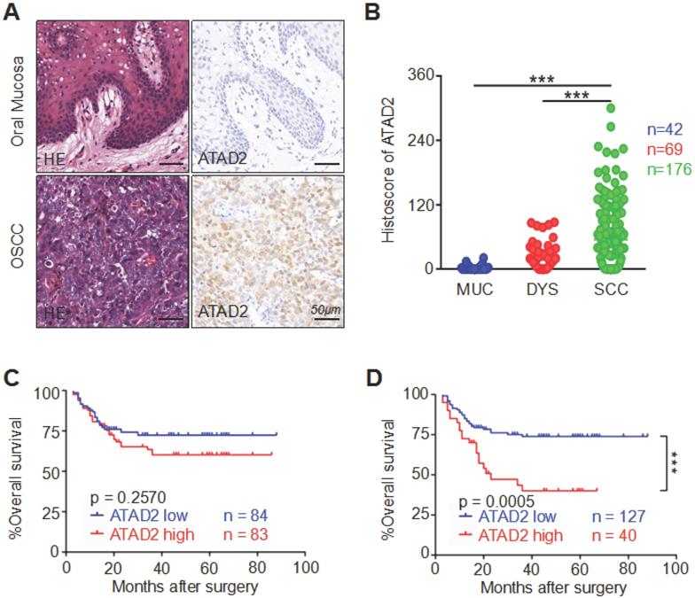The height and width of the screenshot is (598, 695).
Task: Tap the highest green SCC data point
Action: tap(612, 108)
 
